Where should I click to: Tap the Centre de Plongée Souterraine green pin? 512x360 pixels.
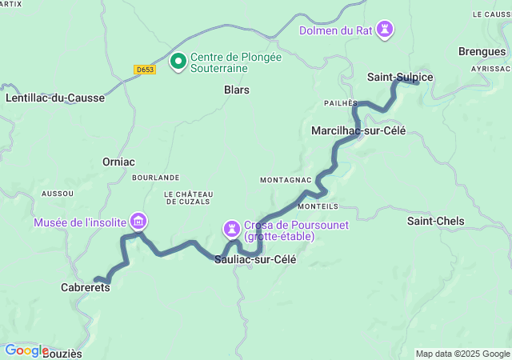[x=178, y=61]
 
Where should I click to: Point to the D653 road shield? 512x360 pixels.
[x=145, y=70]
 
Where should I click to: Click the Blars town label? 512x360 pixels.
[x=236, y=90]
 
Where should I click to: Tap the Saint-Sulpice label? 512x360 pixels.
[x=400, y=77]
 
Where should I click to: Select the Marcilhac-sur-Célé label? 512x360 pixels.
[x=358, y=130]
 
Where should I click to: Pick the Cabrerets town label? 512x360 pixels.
[x=86, y=286]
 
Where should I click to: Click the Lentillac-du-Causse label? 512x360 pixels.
[x=55, y=98]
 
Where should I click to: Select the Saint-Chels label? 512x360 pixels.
[x=435, y=220]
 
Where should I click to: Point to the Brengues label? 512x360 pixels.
[x=482, y=51]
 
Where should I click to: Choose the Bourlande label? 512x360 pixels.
[x=155, y=177]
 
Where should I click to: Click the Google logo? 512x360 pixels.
[x=26, y=350]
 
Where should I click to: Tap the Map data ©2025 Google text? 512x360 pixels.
[x=462, y=354]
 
